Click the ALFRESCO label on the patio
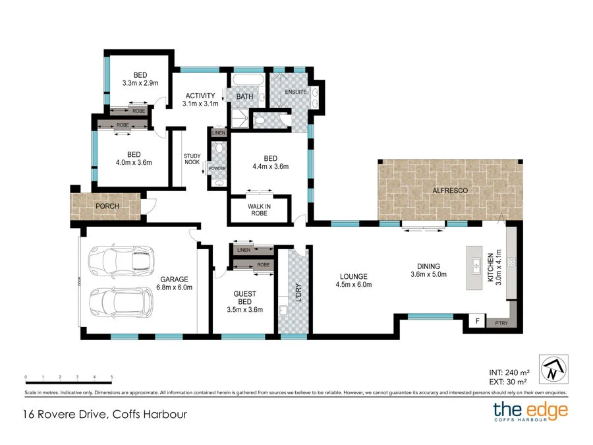(450, 191)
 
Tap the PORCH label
(107, 206)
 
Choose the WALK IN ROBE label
(259, 210)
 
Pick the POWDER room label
(217, 169)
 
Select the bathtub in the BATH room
(248, 82)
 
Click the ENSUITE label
(295, 92)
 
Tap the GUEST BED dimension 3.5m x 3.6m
(248, 310)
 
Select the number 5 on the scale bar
(111, 377)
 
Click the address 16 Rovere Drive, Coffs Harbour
(101, 415)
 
